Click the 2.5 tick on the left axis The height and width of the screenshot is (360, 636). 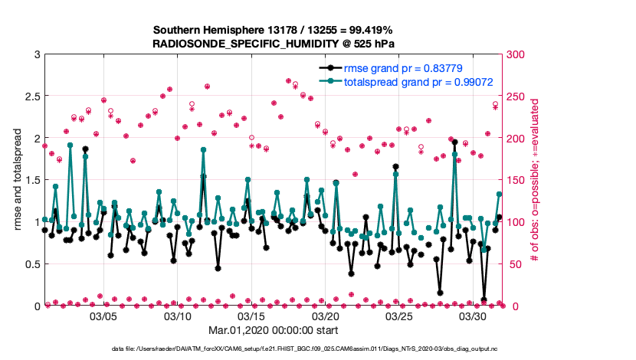[31, 97]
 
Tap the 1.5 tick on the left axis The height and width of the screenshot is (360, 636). [31, 181]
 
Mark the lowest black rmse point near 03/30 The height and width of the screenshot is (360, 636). [484, 299]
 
